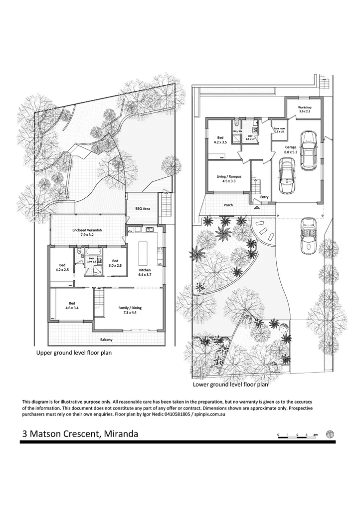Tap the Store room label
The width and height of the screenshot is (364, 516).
point(278,130)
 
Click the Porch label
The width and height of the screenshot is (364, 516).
point(228,205)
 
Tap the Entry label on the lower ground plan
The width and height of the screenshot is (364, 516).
point(264,197)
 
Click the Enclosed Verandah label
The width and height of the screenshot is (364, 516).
point(86,232)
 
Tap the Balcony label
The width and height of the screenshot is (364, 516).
point(106,340)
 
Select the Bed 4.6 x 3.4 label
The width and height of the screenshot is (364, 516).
point(72,305)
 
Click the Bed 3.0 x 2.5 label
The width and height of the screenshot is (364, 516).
point(115,263)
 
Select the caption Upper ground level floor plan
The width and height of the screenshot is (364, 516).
point(74,353)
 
